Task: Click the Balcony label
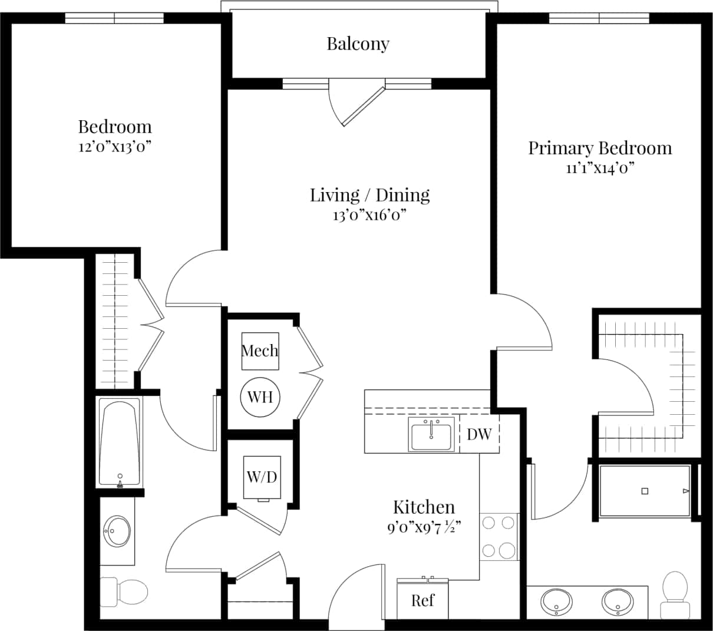[358, 44]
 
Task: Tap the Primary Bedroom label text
[599, 148]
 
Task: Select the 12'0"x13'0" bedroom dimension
[115, 147]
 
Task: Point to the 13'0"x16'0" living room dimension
[369, 215]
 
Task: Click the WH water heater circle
[260, 397]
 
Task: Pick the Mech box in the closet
[260, 351]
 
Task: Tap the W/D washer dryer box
[262, 477]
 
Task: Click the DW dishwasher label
[479, 434]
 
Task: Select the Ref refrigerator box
[422, 600]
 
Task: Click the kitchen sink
[431, 435]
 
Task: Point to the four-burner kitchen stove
[499, 537]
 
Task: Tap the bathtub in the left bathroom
[120, 442]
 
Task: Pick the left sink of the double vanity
[556, 602]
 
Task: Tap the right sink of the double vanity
[617, 602]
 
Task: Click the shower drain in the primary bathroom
[645, 491]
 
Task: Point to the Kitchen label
[424, 507]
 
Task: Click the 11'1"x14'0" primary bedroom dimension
[599, 169]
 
